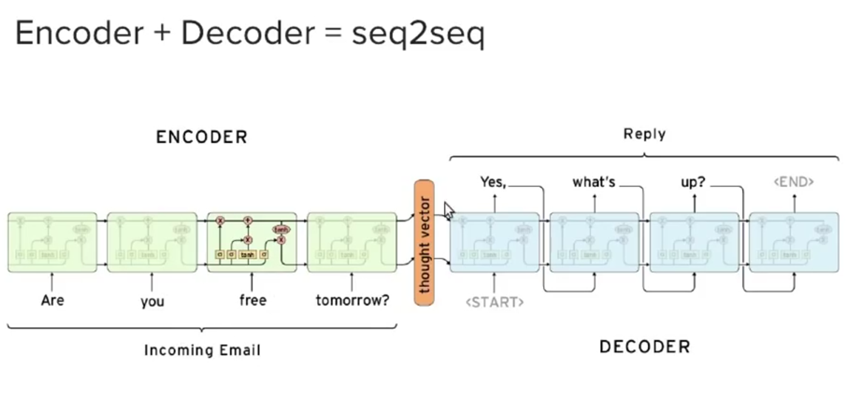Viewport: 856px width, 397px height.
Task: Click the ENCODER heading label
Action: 201,137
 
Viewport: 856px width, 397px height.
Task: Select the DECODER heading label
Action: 644,346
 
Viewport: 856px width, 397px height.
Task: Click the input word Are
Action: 53,301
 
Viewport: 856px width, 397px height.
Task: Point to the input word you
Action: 152,302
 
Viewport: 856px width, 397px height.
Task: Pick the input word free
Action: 252,301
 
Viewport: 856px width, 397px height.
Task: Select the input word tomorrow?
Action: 352,302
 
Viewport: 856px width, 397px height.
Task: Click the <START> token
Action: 495,302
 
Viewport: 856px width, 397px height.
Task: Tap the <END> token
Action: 793,181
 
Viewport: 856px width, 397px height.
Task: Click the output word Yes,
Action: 493,181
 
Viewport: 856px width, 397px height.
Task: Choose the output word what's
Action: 593,181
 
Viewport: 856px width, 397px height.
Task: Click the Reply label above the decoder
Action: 644,134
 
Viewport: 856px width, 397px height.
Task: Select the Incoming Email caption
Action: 202,350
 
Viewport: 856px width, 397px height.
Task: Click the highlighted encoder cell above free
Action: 252,242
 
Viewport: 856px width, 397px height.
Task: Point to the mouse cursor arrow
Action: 448,211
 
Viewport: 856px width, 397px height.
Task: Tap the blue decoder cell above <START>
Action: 494,242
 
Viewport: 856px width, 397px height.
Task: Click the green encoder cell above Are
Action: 53,242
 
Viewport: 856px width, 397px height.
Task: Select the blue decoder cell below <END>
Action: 793,242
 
